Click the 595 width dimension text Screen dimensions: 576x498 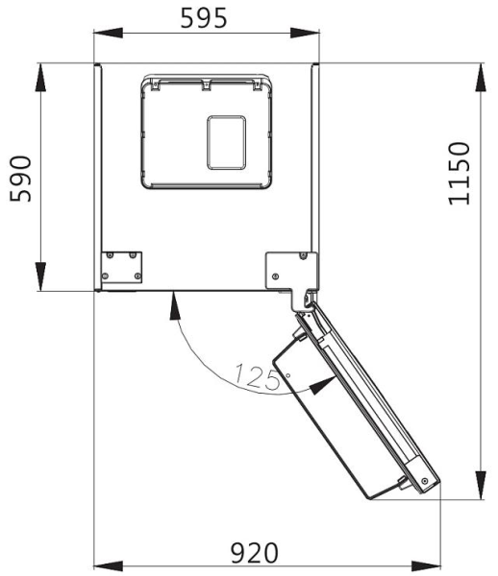click(206, 16)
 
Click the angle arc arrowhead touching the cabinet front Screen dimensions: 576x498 click(172, 302)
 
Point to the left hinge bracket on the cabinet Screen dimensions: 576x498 click(123, 267)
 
